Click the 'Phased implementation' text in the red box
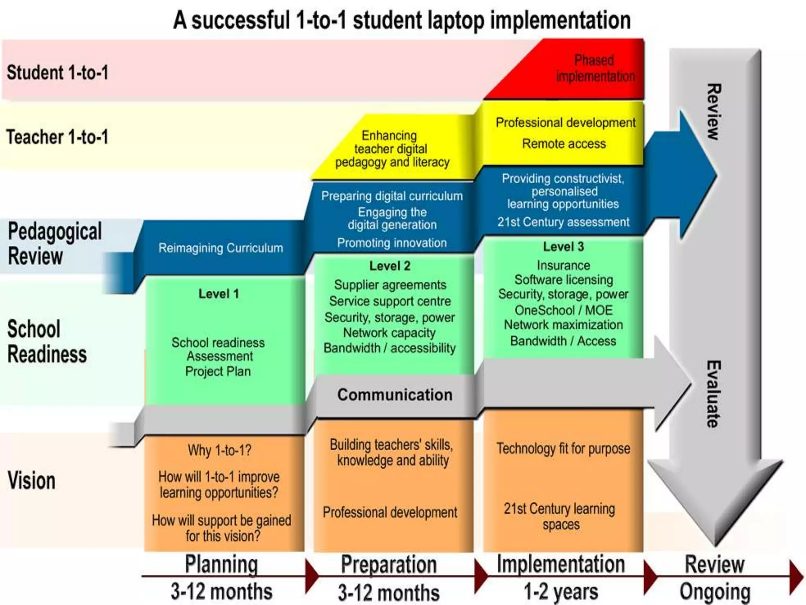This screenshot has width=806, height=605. [595, 68]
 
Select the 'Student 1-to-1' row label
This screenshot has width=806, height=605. [57, 73]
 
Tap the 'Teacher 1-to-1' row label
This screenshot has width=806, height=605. [57, 137]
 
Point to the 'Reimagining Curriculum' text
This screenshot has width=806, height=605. [220, 248]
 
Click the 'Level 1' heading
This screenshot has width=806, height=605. [218, 294]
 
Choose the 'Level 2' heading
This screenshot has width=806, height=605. [390, 266]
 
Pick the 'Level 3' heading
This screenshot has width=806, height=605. [563, 247]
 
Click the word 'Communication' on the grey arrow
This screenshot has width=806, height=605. [395, 395]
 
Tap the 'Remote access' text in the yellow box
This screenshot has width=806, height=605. [564, 144]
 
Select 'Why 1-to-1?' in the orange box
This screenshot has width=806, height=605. [219, 450]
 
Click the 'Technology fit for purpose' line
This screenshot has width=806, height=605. [563, 449]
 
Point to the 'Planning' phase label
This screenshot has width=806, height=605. [222, 564]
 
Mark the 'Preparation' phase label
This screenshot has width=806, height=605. [389, 564]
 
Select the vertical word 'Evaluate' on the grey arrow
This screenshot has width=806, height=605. [713, 394]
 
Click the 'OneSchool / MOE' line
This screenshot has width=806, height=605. [563, 310]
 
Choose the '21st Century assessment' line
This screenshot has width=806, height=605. [563, 222]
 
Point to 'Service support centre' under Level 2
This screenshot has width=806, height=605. [390, 301]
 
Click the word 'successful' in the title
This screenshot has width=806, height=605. [240, 20]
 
